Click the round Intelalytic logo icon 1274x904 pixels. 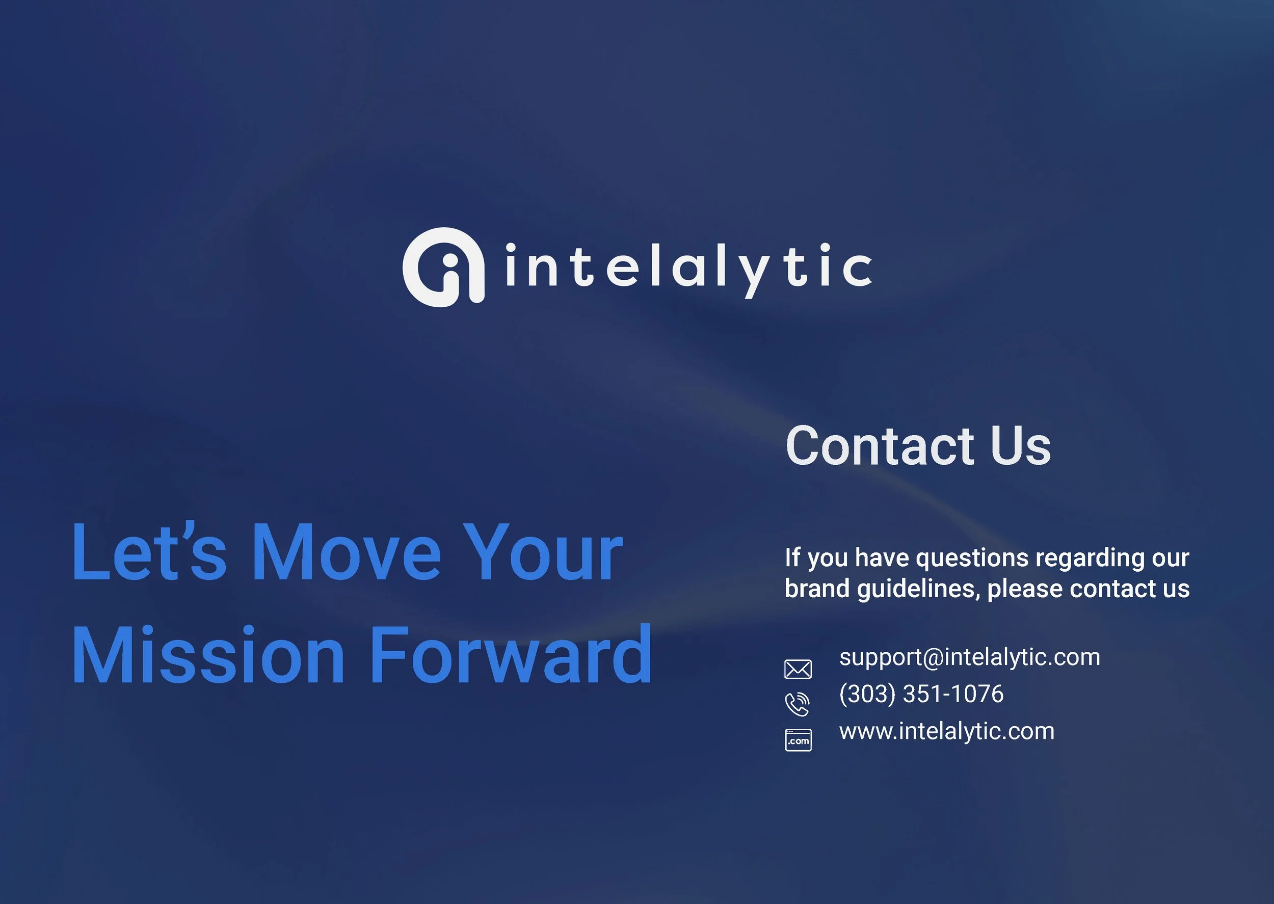(x=443, y=267)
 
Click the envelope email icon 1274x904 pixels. (x=798, y=669)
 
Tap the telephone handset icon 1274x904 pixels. (x=797, y=704)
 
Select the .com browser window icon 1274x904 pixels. (x=798, y=740)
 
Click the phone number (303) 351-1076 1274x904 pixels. (x=921, y=694)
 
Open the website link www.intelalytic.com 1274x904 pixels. (x=947, y=731)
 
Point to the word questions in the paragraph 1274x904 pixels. (x=972, y=558)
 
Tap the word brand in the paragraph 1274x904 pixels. (x=816, y=589)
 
